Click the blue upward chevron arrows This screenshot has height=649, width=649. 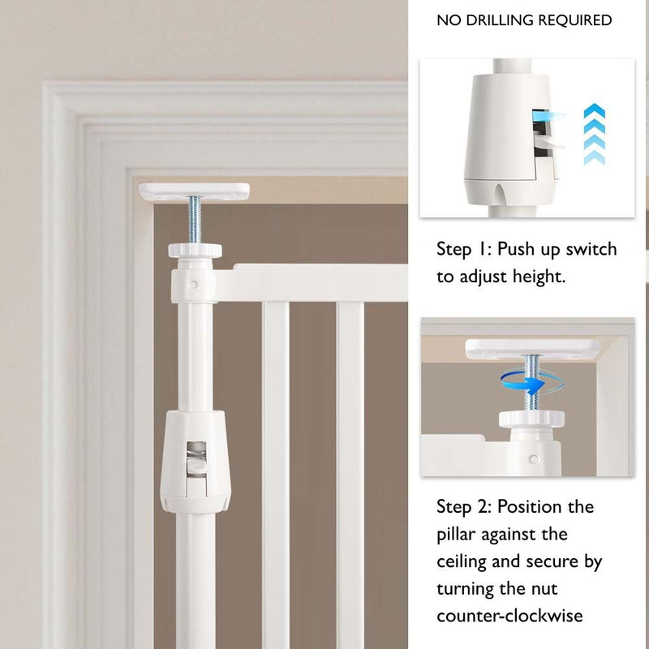click(x=595, y=134)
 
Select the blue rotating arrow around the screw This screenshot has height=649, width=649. click(x=532, y=383)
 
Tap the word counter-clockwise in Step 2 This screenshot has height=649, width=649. click(x=509, y=616)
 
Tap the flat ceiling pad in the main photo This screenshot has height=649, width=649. click(x=194, y=191)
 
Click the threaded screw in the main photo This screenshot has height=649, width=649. click(x=195, y=221)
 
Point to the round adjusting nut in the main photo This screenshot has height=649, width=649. click(x=195, y=251)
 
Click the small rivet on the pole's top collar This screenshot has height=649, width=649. click(x=193, y=285)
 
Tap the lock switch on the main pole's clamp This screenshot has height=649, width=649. click(x=196, y=467)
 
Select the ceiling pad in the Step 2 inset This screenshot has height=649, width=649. click(x=533, y=349)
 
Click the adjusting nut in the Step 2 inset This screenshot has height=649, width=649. click(x=531, y=419)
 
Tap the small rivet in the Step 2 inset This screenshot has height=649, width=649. click(x=534, y=459)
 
